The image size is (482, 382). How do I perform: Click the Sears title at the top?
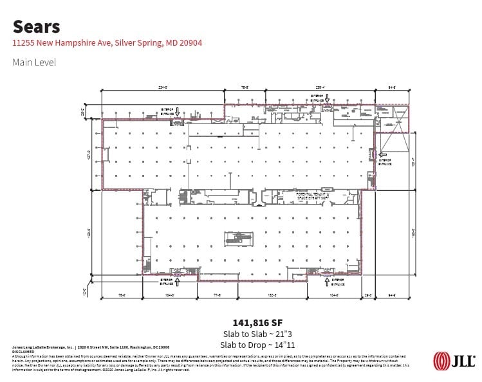click(x=37, y=26)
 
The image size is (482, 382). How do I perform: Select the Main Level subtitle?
click(x=34, y=62)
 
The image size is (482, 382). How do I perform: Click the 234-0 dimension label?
click(x=162, y=87)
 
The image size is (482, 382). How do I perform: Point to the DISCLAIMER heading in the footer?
click(x=23, y=352)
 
